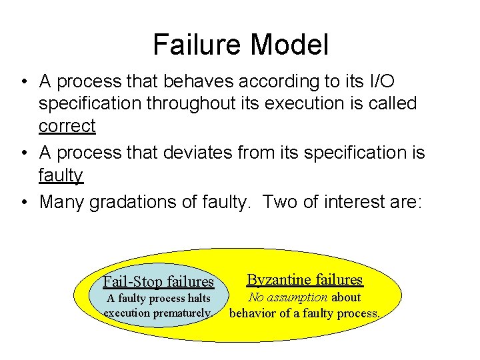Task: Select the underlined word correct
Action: coord(67,125)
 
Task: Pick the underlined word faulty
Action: coord(61,175)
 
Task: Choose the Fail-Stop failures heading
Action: coord(158,281)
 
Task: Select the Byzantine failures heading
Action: coord(305,279)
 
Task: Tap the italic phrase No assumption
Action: coord(288,298)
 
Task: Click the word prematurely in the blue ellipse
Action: coord(185,312)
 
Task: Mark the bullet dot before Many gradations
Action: coord(23,202)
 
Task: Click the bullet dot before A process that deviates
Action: coord(23,153)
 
